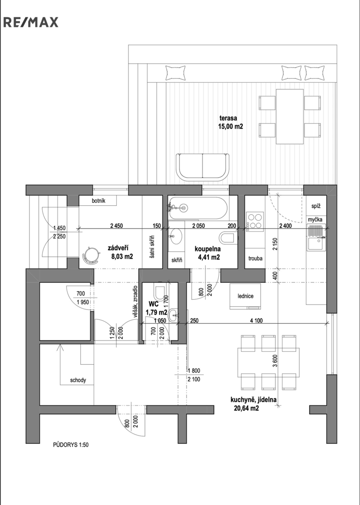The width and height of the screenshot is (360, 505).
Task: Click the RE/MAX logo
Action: click(31, 22)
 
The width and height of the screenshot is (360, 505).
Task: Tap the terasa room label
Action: click(228, 118)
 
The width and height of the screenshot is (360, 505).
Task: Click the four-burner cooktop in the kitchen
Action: click(255, 221)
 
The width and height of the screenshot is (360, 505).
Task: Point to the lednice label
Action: click(245, 296)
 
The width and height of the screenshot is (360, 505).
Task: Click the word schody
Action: click(78, 380)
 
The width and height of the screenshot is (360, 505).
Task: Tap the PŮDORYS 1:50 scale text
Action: click(71, 445)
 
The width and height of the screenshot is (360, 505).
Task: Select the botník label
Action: click(99, 201)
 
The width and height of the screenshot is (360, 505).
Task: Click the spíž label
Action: click(316, 206)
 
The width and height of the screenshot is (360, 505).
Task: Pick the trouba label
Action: click(255, 258)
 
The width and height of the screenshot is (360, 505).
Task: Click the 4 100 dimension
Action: click(256, 320)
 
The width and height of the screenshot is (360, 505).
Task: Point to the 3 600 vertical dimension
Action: click(274, 361)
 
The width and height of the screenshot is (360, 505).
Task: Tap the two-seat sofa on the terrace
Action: click(202, 167)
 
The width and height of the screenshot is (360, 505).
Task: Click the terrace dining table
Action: click(289, 116)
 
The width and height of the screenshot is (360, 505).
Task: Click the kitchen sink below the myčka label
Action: click(316, 244)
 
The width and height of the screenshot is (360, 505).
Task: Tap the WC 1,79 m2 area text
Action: click(156, 308)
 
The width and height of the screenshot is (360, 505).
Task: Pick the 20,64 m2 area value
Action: click(246, 408)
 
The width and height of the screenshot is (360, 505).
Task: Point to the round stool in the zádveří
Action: click(91, 254)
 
